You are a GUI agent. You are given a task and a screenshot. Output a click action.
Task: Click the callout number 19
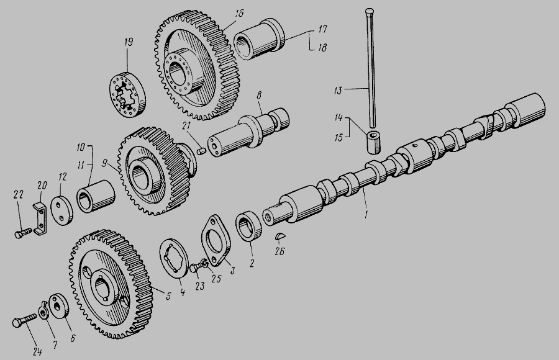pos(129,42)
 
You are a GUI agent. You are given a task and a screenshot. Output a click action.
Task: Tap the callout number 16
pos(239,14)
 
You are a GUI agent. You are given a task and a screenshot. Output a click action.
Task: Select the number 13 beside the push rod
pos(338,91)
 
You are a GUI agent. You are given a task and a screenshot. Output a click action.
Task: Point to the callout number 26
pos(280,251)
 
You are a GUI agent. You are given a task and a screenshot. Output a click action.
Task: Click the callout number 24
pos(37,352)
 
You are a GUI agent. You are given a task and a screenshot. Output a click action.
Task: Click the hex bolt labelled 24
pos(24,320)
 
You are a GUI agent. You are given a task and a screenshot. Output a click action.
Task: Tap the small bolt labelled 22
pos(22,233)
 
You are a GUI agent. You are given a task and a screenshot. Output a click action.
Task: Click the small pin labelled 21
pos(202,151)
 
